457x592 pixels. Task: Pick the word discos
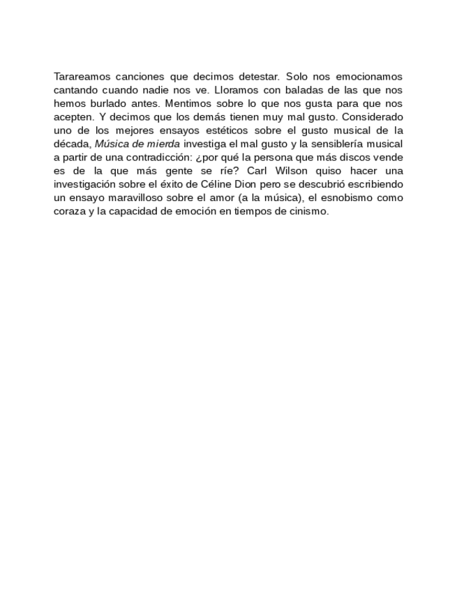[354, 157]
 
